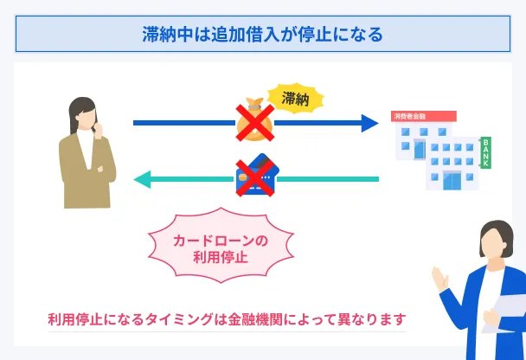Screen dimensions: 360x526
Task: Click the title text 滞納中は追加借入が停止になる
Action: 262,35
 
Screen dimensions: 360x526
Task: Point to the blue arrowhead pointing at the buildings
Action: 369,123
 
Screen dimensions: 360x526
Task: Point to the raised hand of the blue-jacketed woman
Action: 439,280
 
